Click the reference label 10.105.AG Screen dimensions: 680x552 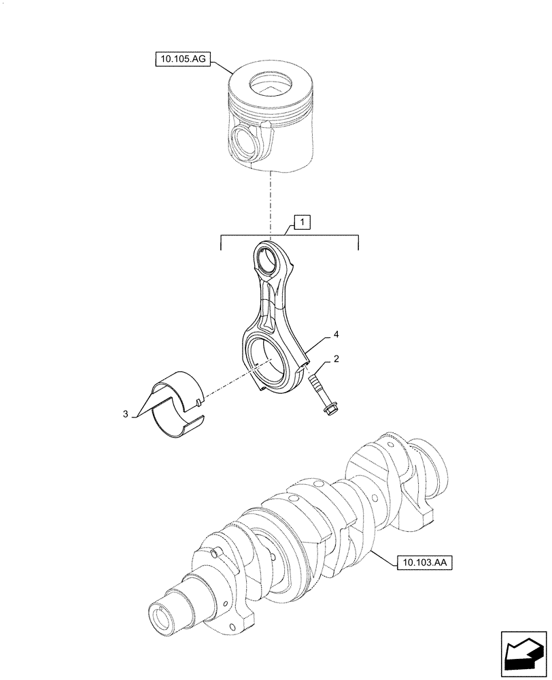click(179, 61)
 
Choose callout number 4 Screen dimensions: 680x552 click(335, 335)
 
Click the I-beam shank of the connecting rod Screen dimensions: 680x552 click(271, 303)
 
